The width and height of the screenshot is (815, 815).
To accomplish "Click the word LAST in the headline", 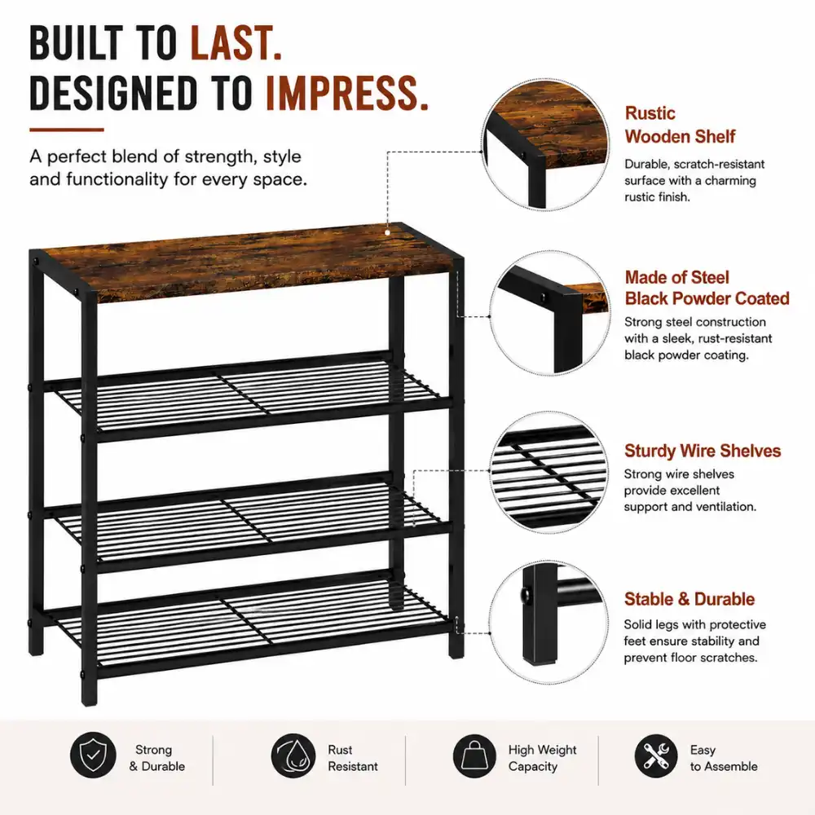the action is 236,42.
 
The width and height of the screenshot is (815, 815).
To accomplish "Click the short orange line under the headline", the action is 67,130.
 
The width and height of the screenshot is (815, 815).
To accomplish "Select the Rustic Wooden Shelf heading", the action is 680,125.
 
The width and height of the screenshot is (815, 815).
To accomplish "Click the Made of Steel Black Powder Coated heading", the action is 707,288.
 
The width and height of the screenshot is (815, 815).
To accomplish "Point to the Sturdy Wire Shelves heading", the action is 703,451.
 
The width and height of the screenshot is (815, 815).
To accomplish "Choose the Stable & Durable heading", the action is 689,599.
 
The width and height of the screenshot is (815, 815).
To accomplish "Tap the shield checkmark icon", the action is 93,756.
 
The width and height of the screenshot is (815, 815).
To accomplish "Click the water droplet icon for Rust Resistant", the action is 293,756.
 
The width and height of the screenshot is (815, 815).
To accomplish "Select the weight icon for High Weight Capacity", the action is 474,756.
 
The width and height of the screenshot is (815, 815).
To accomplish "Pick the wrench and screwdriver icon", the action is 656,756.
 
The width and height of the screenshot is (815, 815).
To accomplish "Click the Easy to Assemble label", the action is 724,758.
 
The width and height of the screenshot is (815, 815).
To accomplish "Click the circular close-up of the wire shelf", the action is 548,473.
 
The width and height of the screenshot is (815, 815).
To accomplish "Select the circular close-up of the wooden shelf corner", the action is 546,145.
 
